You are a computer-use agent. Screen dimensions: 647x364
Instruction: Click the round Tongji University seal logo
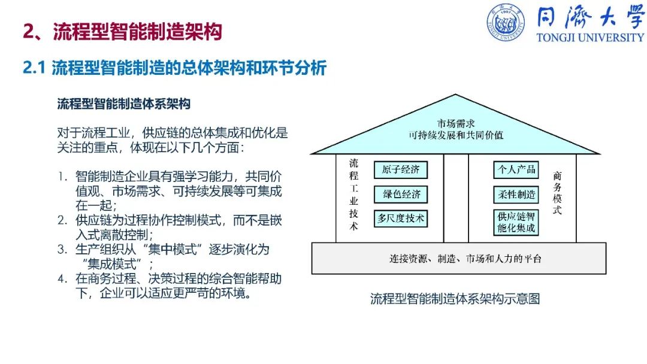point(506,23)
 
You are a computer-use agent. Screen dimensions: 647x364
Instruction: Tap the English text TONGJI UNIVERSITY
point(590,38)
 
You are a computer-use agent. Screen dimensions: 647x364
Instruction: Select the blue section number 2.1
point(34,68)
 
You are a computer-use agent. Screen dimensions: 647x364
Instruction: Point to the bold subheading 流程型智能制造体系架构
point(124,104)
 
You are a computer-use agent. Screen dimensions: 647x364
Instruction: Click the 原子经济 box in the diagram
point(401,170)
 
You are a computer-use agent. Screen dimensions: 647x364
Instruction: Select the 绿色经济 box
point(401,194)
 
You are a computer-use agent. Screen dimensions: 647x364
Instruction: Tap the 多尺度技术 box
point(401,219)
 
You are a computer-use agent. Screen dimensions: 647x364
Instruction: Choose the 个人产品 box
point(516,170)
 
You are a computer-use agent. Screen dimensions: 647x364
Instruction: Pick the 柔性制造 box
point(516,194)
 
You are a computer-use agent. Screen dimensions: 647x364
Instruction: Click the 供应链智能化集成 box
point(516,223)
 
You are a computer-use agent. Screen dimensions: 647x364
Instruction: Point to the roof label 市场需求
point(456,123)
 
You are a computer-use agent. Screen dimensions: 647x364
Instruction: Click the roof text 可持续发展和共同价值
point(456,135)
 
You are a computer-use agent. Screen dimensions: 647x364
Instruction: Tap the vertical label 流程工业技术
point(353,194)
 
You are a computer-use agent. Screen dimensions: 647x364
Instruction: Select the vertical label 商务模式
point(557,193)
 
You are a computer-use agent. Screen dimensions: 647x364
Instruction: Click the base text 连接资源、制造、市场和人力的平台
point(465,259)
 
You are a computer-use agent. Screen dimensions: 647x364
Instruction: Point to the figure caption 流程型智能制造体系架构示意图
point(455,299)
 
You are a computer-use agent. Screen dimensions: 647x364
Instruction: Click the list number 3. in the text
point(62,250)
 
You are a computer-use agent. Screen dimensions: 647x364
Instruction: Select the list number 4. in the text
point(62,278)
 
